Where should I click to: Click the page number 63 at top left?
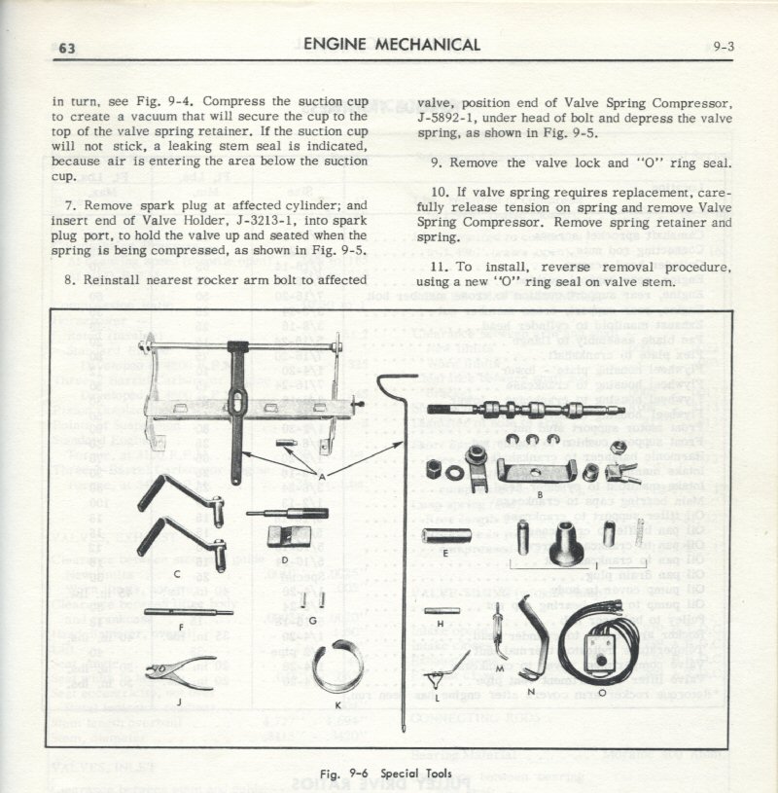coord(68,49)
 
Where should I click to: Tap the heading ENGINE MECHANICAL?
coord(392,44)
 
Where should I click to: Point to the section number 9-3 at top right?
coord(720,45)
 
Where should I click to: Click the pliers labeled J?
coord(177,674)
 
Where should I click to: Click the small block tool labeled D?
coord(285,537)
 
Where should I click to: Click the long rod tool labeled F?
coord(187,613)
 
